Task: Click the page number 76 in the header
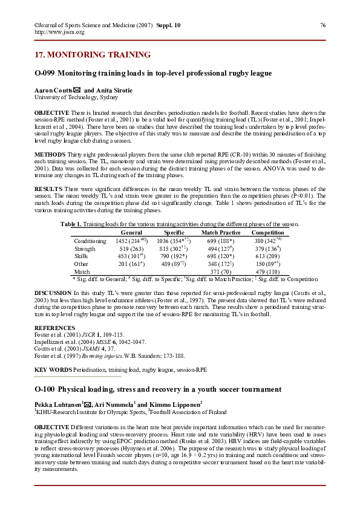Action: coord(322,25)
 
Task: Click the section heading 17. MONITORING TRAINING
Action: coord(93,55)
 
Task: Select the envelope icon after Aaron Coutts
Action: coord(76,90)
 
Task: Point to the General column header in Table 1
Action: coord(131,233)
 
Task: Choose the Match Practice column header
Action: coord(220,233)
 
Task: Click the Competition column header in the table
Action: coord(267,233)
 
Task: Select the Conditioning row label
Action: coord(90,241)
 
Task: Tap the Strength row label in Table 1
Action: coord(85,248)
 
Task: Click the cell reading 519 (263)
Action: coord(131,248)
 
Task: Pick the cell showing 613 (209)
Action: coord(267,256)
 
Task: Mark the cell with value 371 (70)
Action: coord(220,272)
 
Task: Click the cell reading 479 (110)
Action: coord(267,272)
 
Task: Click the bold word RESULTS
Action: coord(48,190)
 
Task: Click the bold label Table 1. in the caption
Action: coord(71,224)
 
